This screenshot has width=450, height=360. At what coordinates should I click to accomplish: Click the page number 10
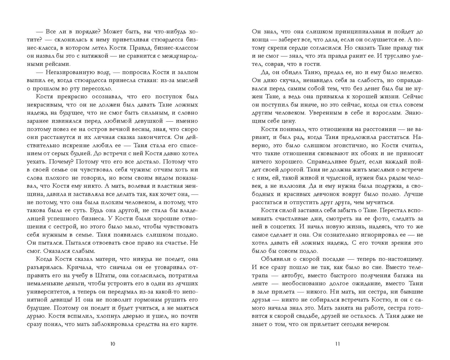[x=113, y=344]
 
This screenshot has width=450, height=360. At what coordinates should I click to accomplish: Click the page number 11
[x=337, y=344]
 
